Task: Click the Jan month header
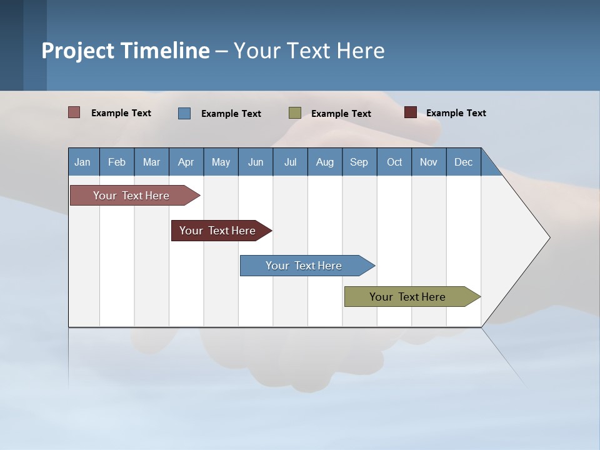pyautogui.click(x=82, y=162)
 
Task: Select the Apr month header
pyautogui.click(x=186, y=162)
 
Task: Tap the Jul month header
pyautogui.click(x=290, y=162)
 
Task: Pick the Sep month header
pyautogui.click(x=359, y=162)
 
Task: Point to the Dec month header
pyautogui.click(x=463, y=162)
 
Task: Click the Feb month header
pyautogui.click(x=117, y=162)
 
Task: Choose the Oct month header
pyautogui.click(x=394, y=162)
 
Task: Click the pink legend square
pyautogui.click(x=74, y=112)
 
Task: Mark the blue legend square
pyautogui.click(x=184, y=113)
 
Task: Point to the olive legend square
pyautogui.click(x=295, y=112)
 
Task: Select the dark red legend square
pyautogui.click(x=411, y=112)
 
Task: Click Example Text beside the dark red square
pyautogui.click(x=456, y=113)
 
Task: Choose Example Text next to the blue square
pyautogui.click(x=231, y=114)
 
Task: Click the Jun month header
pyautogui.click(x=256, y=162)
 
